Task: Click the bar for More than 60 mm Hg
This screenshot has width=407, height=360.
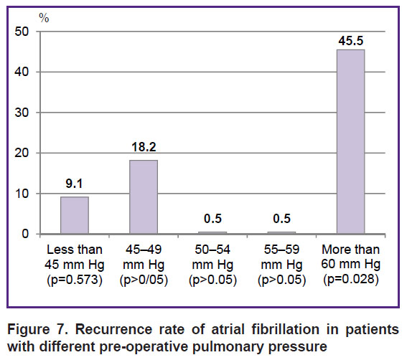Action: point(351,141)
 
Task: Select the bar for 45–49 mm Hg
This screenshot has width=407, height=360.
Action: point(144,197)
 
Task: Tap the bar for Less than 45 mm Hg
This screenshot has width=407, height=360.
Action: point(75,215)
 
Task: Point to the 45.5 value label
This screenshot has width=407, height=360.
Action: point(351,41)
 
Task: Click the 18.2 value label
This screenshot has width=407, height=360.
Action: point(144,147)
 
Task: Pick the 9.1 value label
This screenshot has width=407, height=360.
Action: point(74,184)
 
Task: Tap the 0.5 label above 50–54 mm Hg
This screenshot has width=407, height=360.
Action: point(213,219)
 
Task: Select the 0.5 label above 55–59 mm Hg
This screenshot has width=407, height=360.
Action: point(282,219)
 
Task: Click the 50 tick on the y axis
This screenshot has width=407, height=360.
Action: point(22,32)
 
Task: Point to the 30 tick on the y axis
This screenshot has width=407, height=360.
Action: point(22,113)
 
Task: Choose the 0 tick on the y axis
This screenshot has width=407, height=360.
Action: point(25,234)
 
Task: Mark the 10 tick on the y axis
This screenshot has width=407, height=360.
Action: point(22,194)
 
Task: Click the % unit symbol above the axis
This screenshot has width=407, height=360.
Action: point(44,18)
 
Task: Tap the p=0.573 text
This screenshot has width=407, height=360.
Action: point(75,280)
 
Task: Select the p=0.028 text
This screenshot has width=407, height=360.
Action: point(351,280)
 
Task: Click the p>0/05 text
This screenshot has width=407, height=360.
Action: point(144,280)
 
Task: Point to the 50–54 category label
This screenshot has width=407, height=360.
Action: point(212,250)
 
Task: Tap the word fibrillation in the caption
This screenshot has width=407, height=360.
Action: point(286,329)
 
